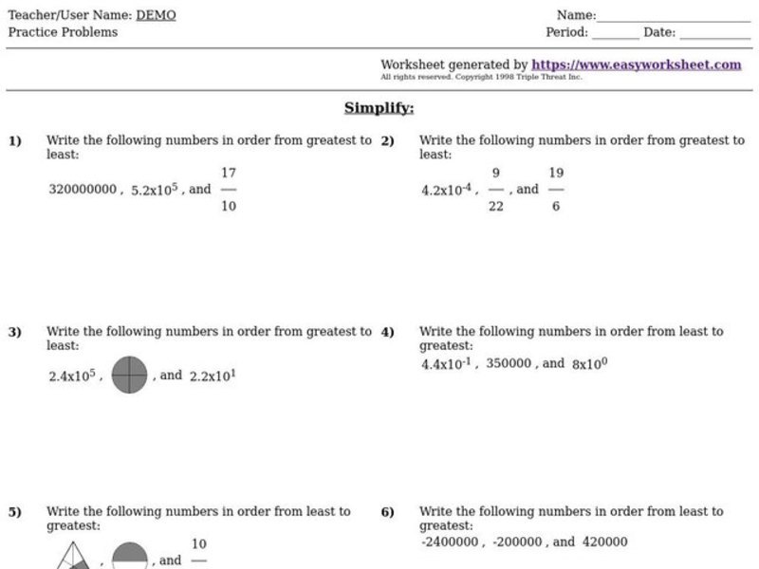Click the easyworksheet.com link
point(636,64)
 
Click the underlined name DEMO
point(156,15)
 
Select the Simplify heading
point(379,108)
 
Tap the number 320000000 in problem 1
point(82,189)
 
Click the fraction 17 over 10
point(228,189)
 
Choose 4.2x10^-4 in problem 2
point(446,189)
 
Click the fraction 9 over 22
point(496,189)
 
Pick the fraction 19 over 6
point(556,189)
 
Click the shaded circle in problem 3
point(129,376)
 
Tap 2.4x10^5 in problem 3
point(73,376)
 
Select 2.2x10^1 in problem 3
point(213,376)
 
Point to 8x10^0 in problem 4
point(589,363)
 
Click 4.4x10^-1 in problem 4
point(448,363)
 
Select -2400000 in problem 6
point(451,542)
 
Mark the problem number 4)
point(387,332)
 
